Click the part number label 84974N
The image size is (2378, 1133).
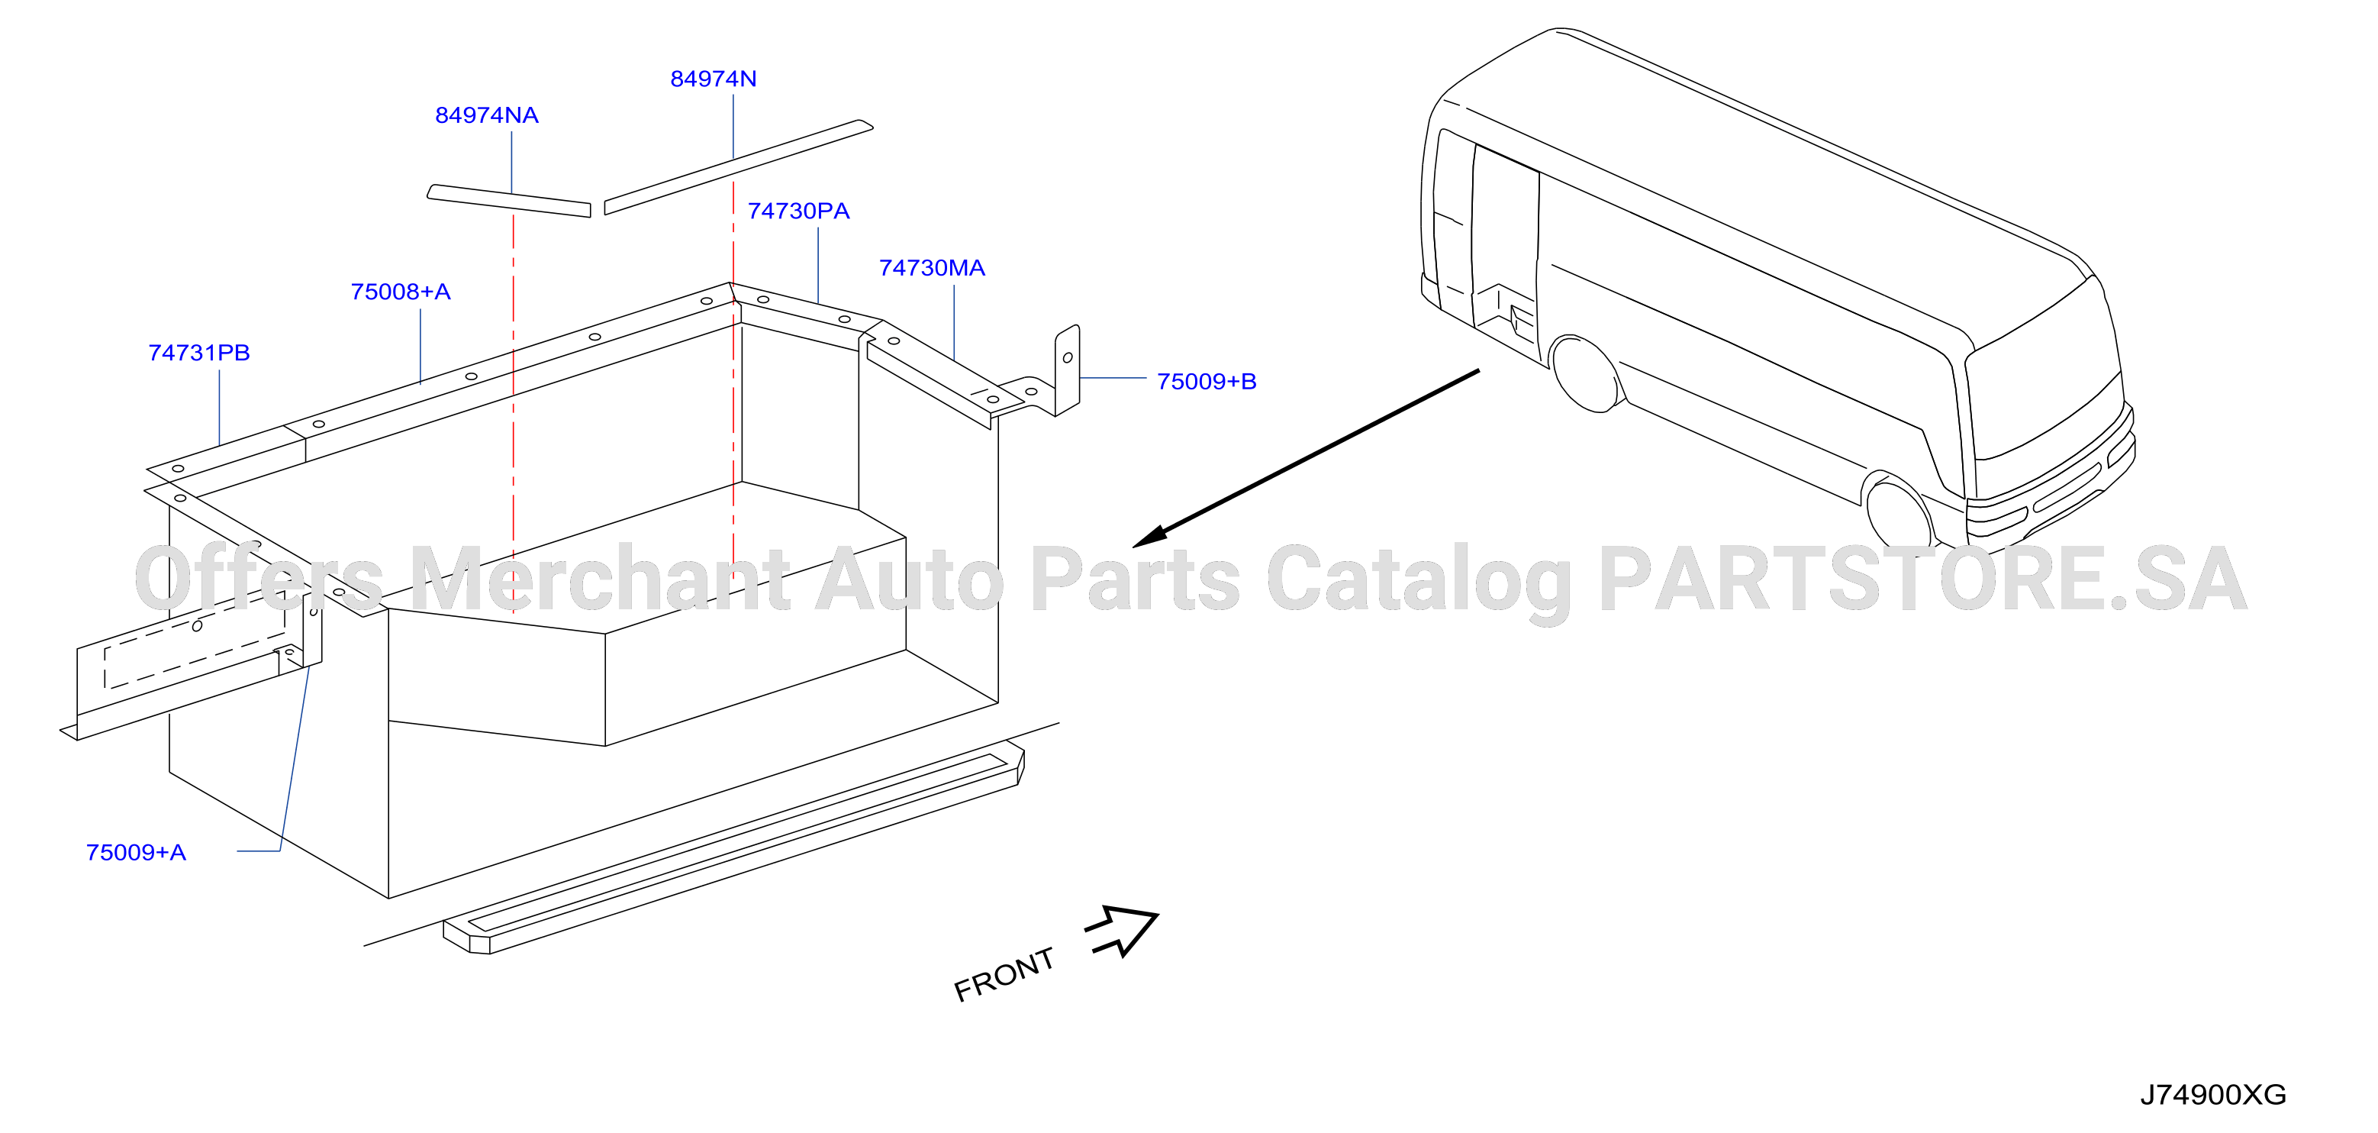[713, 79]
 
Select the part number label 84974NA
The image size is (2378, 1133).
[486, 115]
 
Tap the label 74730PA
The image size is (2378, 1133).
[798, 211]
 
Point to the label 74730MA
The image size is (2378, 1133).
[932, 268]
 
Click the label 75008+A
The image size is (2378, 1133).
[401, 292]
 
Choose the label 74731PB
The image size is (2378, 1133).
[199, 353]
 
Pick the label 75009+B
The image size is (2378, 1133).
[1207, 382]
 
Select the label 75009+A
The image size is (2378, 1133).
[136, 852]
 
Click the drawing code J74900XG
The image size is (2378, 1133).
[2212, 1094]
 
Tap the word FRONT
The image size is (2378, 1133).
[1004, 974]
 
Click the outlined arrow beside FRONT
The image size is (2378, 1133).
[1123, 930]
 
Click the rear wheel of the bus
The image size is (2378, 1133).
[1586, 373]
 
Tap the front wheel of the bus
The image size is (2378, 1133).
[1899, 512]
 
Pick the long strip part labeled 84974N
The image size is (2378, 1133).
[739, 167]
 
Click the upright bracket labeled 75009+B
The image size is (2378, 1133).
[1067, 370]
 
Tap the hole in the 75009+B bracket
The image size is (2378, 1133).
[1068, 357]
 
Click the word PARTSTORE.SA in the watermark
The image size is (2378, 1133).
[1922, 579]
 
